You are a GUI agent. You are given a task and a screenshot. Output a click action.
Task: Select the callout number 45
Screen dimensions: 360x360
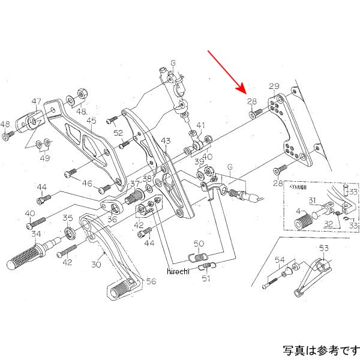coord(91,121)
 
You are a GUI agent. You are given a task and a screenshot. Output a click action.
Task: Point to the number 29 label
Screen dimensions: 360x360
coord(274,86)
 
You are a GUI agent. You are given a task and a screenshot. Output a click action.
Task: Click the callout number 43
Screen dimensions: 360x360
coord(166,140)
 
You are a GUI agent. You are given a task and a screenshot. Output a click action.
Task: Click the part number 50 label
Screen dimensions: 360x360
coord(199,243)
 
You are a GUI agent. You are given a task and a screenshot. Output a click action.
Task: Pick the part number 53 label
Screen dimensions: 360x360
coord(323,248)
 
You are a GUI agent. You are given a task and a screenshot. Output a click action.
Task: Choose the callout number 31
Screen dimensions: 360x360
coord(313,200)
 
